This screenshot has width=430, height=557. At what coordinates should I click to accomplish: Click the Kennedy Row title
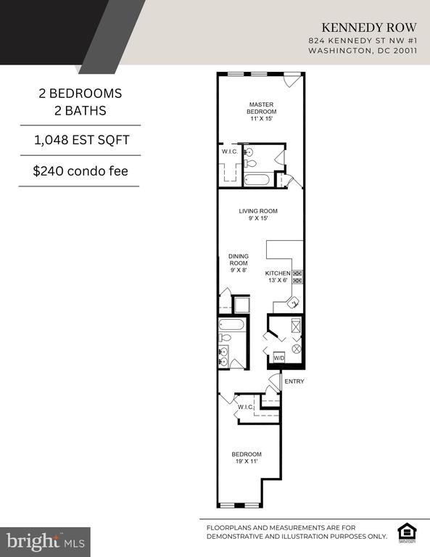point(369,28)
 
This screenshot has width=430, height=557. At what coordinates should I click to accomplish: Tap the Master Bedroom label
point(261,112)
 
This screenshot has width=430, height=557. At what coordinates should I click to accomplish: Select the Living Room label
point(258,215)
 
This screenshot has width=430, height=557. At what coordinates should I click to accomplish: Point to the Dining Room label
point(239,263)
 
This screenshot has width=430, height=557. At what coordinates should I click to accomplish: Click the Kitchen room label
point(278,277)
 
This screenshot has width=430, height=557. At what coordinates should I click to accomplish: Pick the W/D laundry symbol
point(279,358)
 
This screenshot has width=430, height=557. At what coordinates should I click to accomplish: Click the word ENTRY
point(294,381)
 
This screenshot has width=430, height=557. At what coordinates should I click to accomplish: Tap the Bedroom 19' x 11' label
point(247,458)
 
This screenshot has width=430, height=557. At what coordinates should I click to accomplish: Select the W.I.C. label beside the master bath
point(230,152)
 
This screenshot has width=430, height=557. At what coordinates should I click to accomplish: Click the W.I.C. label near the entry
point(246,407)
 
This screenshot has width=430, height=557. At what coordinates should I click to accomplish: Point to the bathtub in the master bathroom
point(257,179)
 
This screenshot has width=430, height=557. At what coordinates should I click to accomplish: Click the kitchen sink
point(294,303)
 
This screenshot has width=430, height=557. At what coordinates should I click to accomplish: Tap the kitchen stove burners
point(297,277)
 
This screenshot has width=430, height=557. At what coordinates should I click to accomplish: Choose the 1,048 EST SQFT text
point(82,140)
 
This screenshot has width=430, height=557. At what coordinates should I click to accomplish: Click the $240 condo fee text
point(80,171)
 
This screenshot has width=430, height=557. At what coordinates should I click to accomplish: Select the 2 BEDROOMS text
point(80,94)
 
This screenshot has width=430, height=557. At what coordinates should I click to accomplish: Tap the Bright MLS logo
point(45,542)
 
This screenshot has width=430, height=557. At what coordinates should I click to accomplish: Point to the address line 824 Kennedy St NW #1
point(363,41)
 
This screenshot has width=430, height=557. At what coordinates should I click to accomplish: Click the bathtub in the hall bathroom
point(231,325)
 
